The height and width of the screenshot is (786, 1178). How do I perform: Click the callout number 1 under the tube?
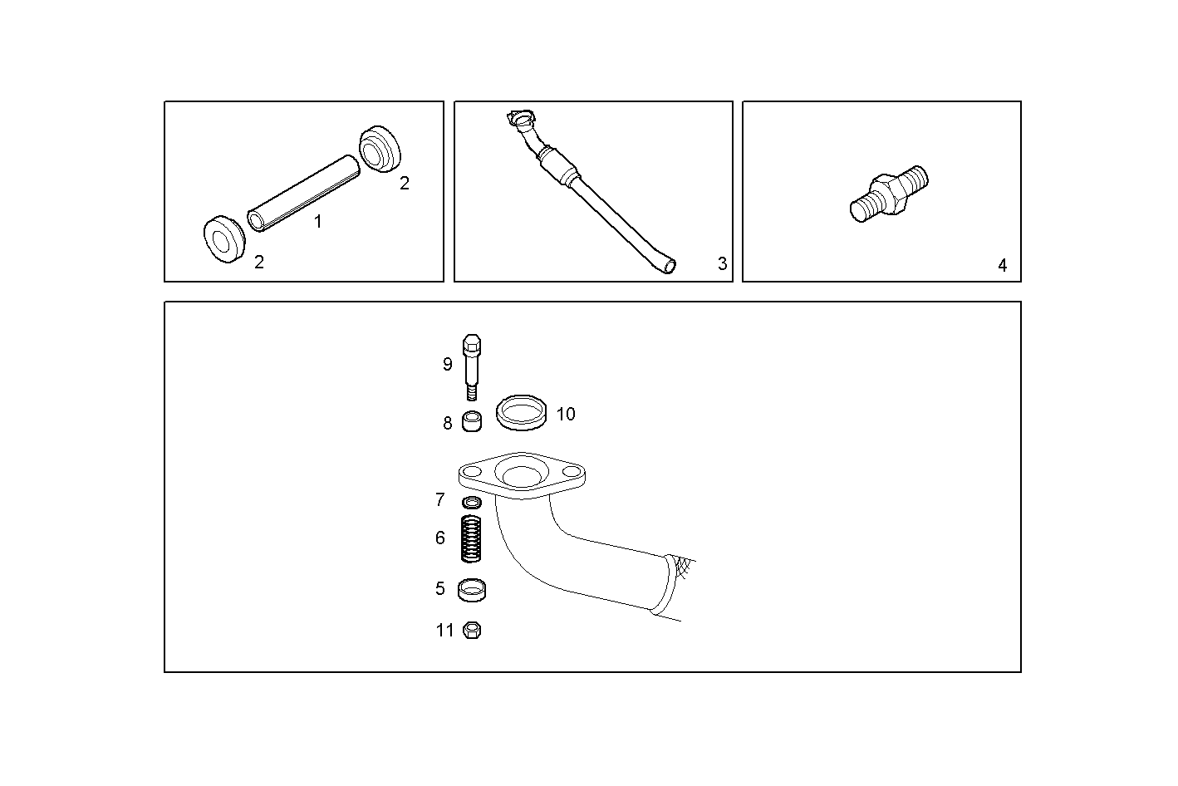[x=317, y=222]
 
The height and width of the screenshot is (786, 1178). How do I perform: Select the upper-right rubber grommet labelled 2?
[x=380, y=150]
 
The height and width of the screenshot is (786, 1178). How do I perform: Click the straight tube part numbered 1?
[x=305, y=192]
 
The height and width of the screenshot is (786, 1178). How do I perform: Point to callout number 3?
[x=722, y=263]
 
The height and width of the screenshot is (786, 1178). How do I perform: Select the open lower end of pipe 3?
[x=669, y=266]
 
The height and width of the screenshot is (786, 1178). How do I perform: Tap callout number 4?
[x=1002, y=266]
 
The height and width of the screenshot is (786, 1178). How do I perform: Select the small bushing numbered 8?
[x=471, y=421]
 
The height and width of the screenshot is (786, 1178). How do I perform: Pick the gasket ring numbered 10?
[x=522, y=412]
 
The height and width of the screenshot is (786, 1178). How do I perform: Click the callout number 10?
[x=566, y=414]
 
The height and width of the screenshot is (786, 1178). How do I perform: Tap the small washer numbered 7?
[x=471, y=502]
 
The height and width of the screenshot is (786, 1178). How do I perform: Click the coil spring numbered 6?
[x=472, y=538]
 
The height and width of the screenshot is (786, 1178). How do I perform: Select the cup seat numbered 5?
[x=472, y=590]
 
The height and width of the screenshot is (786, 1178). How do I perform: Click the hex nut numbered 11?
[x=472, y=630]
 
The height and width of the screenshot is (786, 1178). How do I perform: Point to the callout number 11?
[x=445, y=631]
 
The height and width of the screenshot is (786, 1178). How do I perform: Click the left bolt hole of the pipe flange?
[x=472, y=474]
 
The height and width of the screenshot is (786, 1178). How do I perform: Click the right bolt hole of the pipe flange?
[x=571, y=474]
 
